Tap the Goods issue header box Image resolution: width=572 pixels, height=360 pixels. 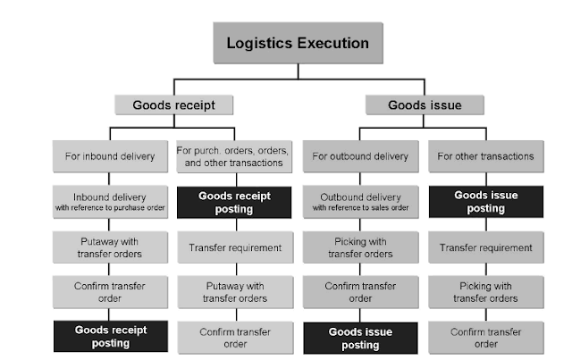click(424, 105)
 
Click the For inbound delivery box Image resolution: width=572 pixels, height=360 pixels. click(110, 156)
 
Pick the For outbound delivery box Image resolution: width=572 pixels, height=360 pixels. click(360, 156)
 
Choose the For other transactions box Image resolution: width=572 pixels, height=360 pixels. click(485, 156)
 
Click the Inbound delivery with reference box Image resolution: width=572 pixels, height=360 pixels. click(110, 202)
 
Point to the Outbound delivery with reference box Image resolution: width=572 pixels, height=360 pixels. click(360, 202)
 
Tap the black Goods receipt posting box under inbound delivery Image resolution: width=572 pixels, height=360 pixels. click(110, 336)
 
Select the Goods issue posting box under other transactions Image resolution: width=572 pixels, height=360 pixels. click(485, 202)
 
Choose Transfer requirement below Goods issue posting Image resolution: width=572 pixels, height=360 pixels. click(485, 247)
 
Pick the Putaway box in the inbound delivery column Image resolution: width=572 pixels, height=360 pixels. click(110, 247)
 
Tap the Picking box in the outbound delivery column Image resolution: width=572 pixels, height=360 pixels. click(360, 247)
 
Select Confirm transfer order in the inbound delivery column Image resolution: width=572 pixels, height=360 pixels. click(110, 291)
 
